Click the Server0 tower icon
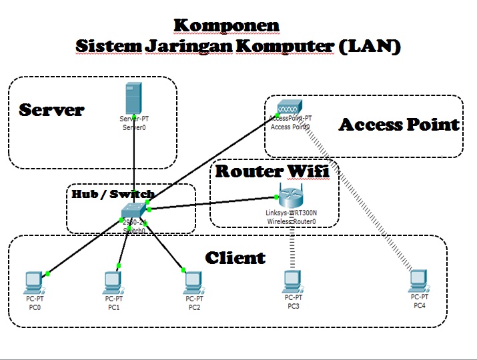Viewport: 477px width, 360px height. click(x=134, y=98)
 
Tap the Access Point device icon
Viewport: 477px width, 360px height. click(x=289, y=107)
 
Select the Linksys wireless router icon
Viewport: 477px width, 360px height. click(x=291, y=197)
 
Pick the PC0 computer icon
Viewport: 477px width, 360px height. click(x=33, y=283)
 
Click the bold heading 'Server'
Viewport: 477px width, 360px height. click(x=51, y=110)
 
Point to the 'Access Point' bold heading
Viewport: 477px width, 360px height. click(x=399, y=125)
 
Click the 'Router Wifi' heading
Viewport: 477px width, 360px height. click(x=272, y=171)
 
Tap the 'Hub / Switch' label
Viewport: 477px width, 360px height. click(x=113, y=194)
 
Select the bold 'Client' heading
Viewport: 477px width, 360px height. click(x=235, y=258)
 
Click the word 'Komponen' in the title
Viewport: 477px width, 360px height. click(x=226, y=25)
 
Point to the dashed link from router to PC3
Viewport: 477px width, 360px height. click(x=292, y=247)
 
